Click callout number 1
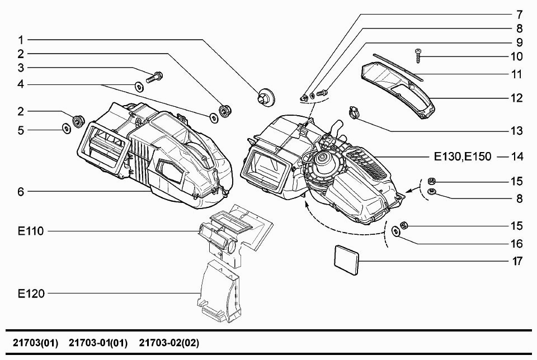[21, 40]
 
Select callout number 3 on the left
[21, 68]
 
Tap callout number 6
[21, 191]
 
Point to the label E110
[31, 230]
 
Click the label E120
[31, 293]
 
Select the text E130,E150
[463, 157]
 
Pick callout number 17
[516, 261]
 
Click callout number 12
[516, 98]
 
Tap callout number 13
[516, 131]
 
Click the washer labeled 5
[66, 129]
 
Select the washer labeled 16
[396, 231]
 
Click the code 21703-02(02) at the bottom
[169, 342]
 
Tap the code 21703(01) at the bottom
[35, 342]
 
